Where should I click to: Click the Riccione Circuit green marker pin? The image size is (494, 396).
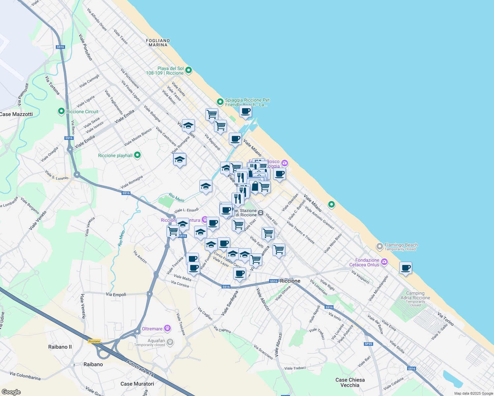pos(61,112)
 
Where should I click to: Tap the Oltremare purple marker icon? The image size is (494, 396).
pos(168,328)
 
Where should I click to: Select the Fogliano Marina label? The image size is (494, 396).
pos(158,43)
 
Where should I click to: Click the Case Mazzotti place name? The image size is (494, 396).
pos(17,114)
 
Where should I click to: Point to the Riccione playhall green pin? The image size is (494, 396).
pos(137,155)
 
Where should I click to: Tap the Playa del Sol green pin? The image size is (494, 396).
pos(189,70)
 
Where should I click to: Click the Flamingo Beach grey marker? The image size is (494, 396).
pos(380,246)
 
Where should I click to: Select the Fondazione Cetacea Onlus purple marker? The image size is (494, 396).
pos(384,262)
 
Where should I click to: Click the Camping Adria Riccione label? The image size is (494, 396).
pos(415,295)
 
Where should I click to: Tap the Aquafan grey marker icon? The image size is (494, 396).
pos(170,342)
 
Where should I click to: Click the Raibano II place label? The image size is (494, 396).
pos(60,347)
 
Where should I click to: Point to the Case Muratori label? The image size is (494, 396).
pos(137,384)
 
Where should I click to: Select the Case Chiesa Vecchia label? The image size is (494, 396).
pos(350,382)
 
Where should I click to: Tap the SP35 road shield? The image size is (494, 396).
pos(368,344)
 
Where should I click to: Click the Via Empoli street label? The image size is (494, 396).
pos(116,294)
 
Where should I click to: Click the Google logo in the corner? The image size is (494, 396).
pos(11,392)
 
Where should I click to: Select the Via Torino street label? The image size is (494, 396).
pos(445,319)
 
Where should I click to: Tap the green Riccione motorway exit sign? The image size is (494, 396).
pos(94,341)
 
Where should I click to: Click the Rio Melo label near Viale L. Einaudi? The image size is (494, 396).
pos(176,197)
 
